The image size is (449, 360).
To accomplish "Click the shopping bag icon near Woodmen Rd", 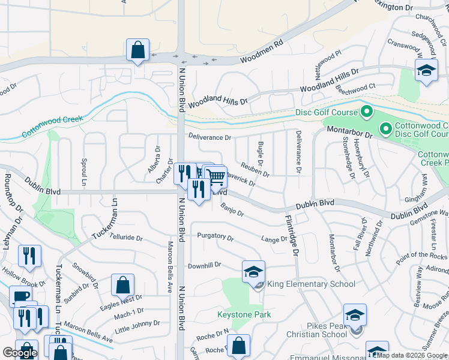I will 138,50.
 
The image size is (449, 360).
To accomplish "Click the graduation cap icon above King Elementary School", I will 254,271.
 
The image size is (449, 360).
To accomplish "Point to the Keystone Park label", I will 244,314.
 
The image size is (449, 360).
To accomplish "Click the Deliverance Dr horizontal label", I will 209,137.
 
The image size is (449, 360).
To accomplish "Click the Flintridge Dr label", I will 292,236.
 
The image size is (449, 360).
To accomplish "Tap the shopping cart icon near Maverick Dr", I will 215,176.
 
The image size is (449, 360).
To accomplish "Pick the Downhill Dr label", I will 204,265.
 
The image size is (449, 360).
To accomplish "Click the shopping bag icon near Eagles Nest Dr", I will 122,284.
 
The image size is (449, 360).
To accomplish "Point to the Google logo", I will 20,353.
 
